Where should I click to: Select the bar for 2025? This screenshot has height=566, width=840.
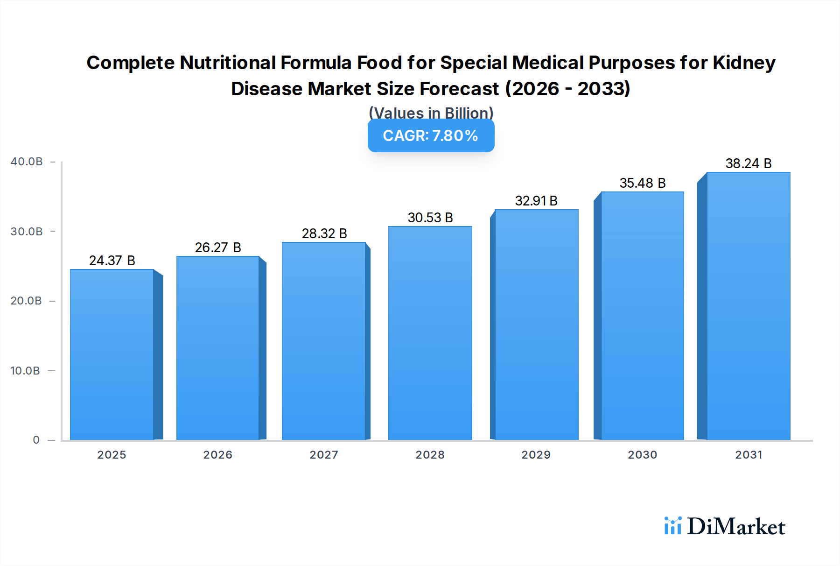tap(112, 355)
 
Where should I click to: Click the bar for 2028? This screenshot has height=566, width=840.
tap(430, 333)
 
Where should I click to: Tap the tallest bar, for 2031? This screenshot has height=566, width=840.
tap(748, 306)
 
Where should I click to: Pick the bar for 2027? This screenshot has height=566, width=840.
tap(323, 341)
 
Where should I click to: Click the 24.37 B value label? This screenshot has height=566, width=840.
tap(112, 261)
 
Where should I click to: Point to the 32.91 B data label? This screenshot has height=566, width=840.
tap(536, 201)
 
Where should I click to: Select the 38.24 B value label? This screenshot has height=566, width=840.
tap(748, 163)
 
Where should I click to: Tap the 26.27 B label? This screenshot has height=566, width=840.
tap(218, 248)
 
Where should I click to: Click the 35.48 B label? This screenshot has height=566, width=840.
tap(642, 183)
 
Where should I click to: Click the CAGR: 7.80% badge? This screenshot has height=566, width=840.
tap(431, 135)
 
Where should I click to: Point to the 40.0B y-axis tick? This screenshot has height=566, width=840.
tap(27, 162)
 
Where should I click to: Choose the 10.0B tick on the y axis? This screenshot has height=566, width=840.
tap(25, 371)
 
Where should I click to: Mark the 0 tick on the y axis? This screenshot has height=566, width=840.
tap(36, 440)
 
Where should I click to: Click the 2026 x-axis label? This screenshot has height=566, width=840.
tap(217, 455)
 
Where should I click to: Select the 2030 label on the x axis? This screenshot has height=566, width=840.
tap(642, 455)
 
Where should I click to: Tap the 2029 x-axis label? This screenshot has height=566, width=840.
tap(536, 455)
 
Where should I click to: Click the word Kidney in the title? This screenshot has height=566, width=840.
tap(744, 63)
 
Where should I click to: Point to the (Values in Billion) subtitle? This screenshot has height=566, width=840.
tap(431, 113)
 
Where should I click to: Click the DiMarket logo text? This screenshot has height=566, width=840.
tap(736, 527)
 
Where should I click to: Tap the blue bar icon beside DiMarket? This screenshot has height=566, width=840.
tap(672, 526)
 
